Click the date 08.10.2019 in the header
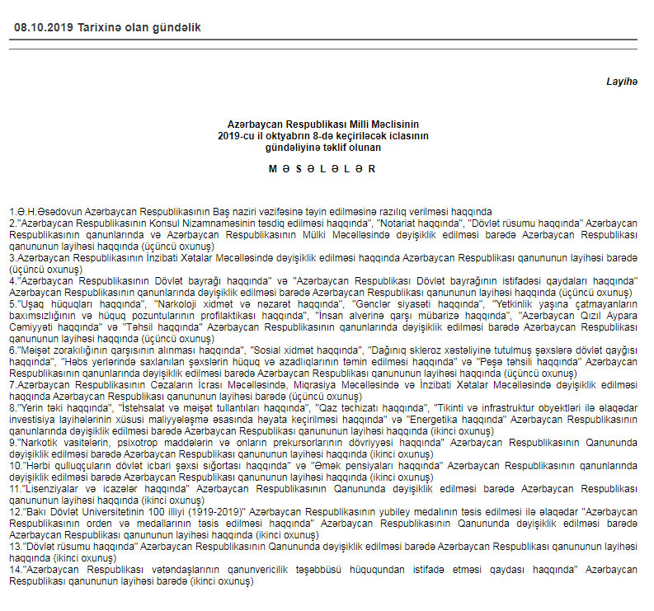tap(43, 27)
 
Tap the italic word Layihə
tap(621, 82)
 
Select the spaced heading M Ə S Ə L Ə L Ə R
tap(323, 168)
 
